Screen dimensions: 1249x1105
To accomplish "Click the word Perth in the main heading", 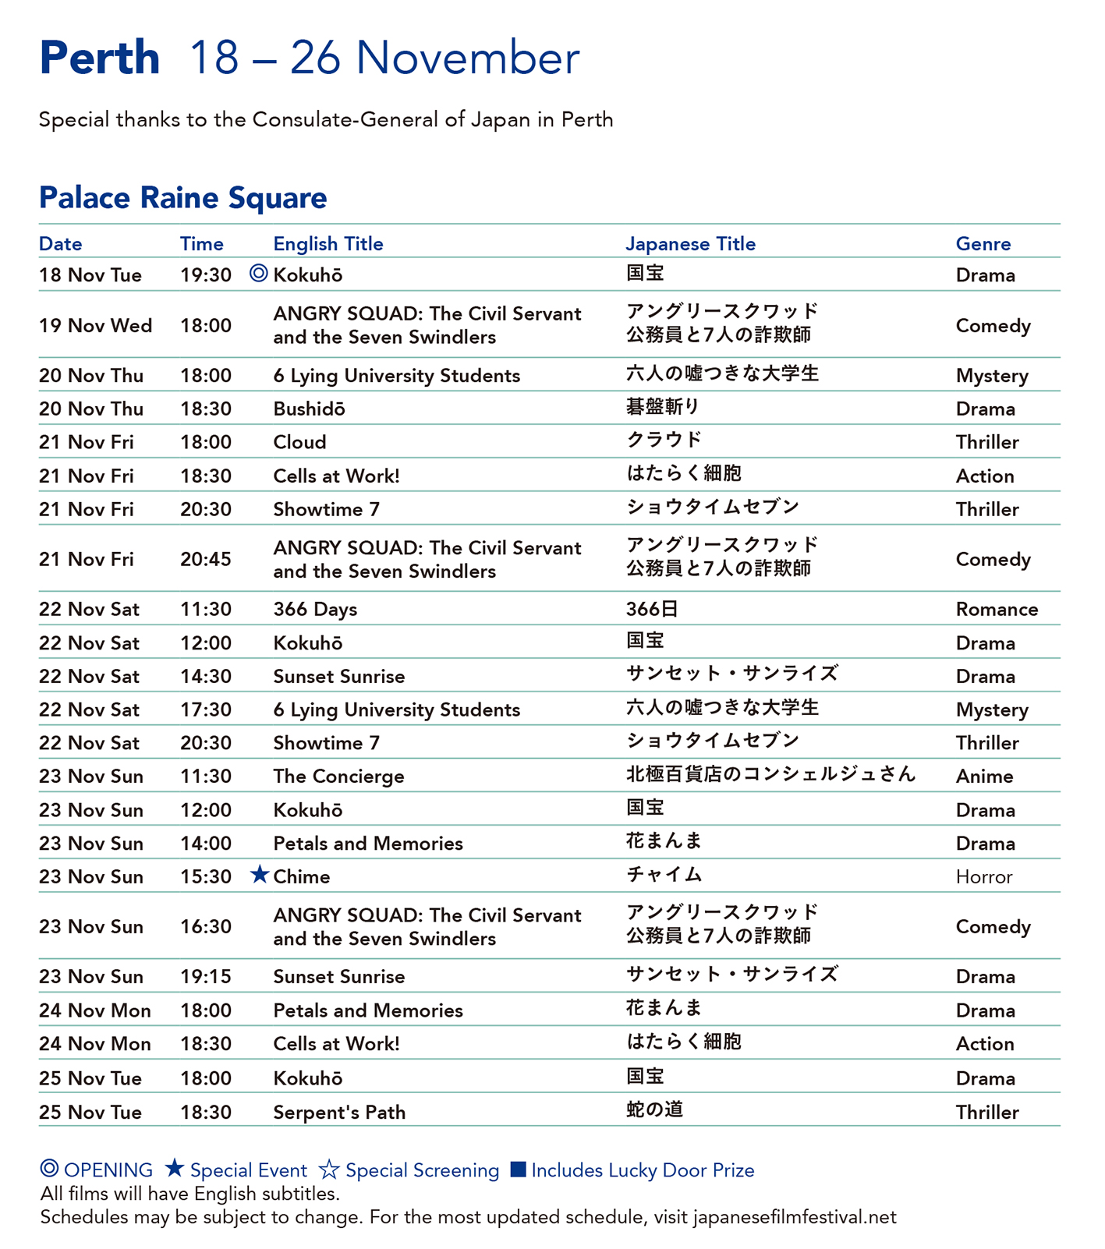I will point(99,58).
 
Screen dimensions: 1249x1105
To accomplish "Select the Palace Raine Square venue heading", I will point(182,198).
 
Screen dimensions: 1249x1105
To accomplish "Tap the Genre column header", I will point(983,244).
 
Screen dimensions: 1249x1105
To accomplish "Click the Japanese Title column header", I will point(690,244).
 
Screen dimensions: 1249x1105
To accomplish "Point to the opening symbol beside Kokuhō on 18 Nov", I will point(259,274).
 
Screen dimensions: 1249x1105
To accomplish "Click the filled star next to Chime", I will point(260,875).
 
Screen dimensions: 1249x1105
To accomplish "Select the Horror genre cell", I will point(983,877).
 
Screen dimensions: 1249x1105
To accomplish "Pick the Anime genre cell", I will point(984,777).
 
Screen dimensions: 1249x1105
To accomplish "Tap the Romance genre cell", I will point(997,610).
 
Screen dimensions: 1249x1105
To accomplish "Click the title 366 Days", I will point(315,610).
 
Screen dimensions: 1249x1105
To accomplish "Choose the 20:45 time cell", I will point(206,559).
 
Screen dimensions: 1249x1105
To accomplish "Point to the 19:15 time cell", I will point(206,977).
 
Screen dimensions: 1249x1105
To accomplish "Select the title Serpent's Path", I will point(339,1113).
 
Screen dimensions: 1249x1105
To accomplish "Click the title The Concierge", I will point(338,777).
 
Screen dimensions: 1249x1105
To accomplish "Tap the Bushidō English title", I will point(309,409).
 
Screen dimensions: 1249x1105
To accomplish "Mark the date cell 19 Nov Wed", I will point(95,326).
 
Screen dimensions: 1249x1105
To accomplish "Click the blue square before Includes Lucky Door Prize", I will point(518,1169).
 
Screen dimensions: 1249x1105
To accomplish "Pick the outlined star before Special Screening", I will point(329,1169).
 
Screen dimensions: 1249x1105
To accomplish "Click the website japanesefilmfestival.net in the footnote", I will point(794,1217).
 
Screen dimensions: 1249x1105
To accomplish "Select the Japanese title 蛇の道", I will point(654,1109).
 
